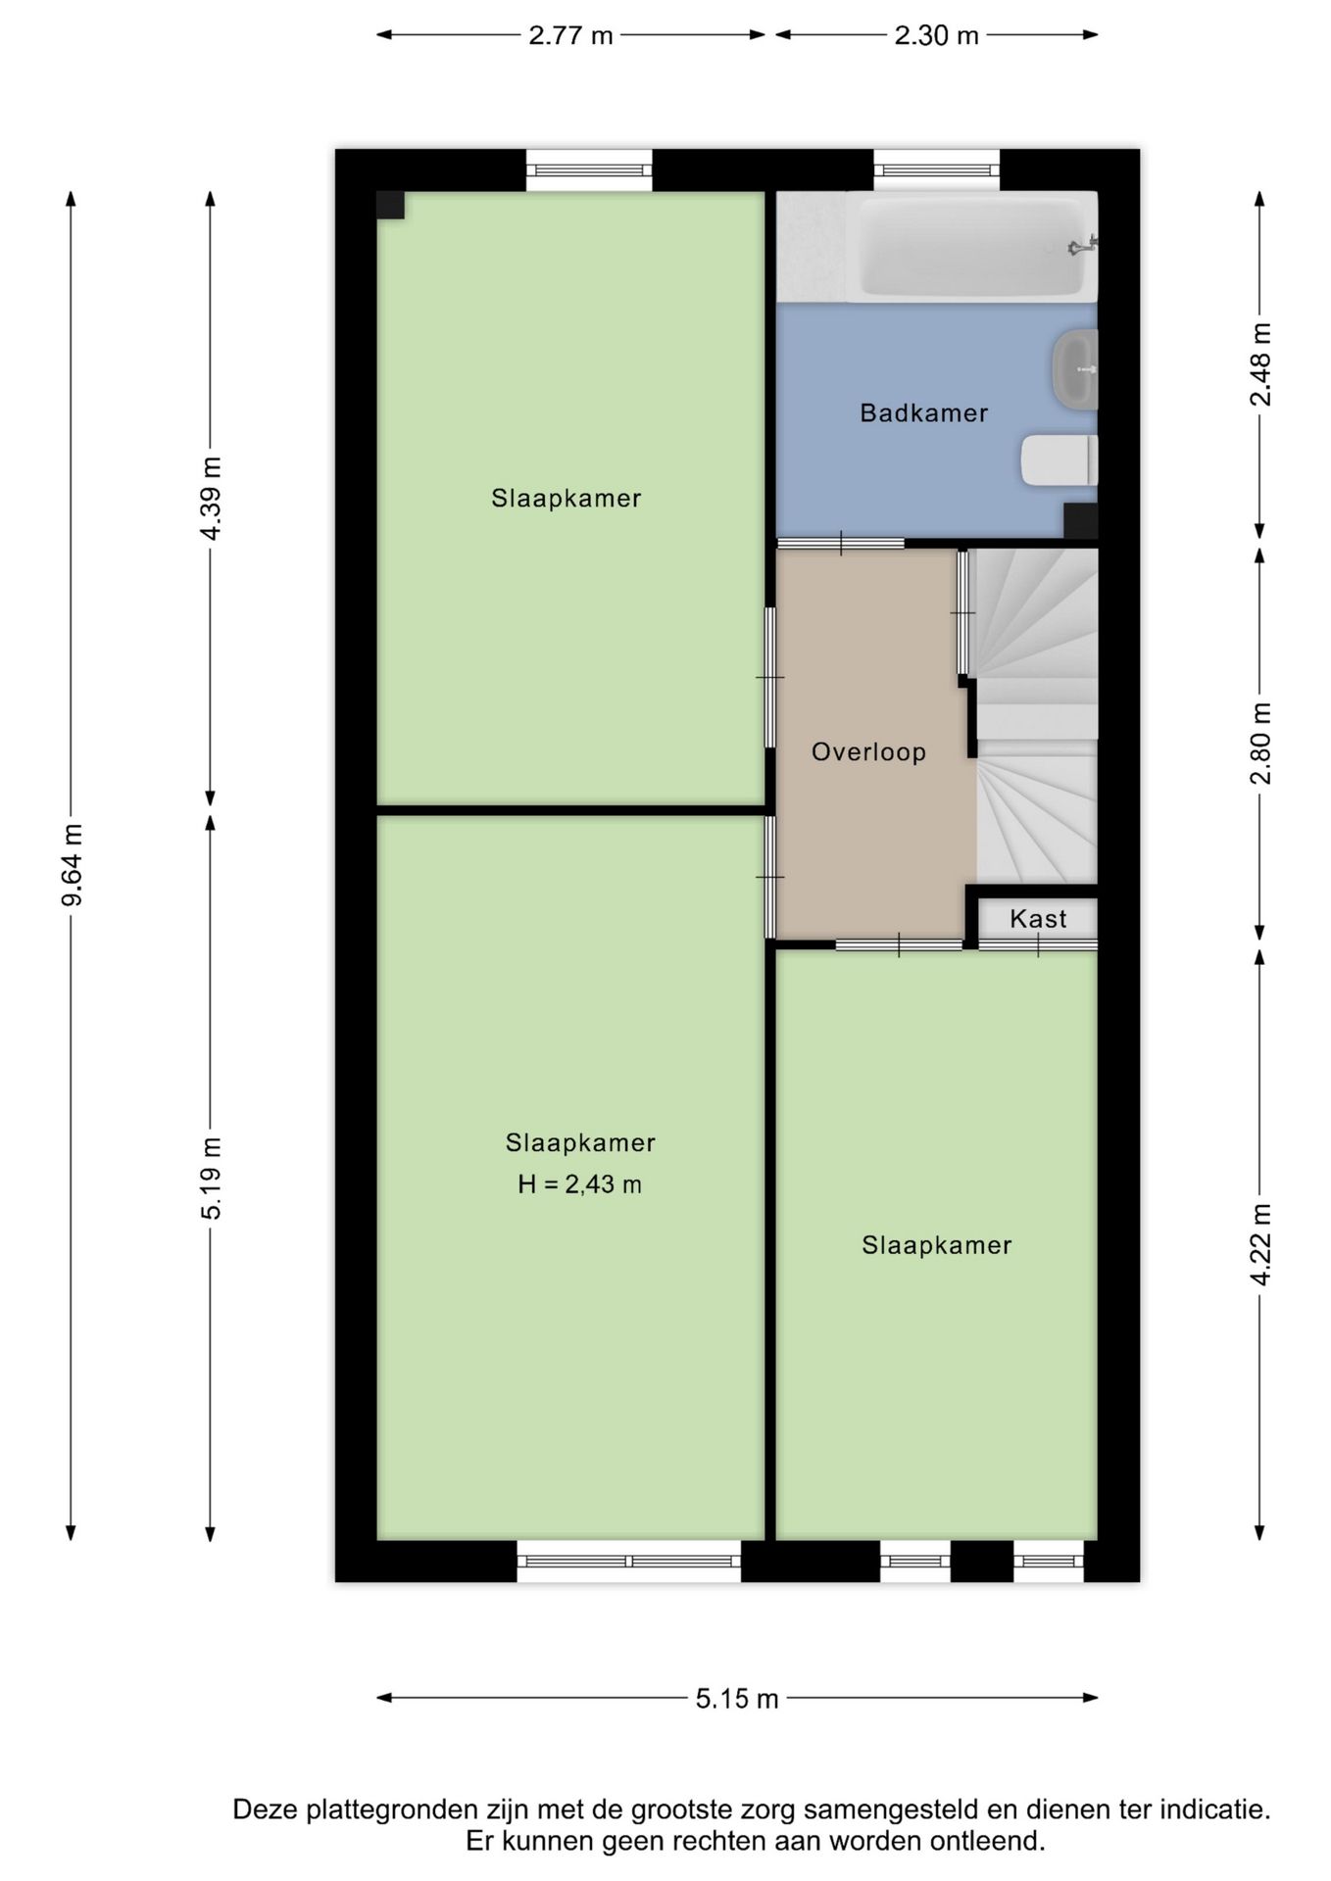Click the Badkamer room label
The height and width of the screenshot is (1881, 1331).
coord(923,413)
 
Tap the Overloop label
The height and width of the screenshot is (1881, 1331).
coord(868,752)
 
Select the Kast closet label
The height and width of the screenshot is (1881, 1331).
coord(1038,919)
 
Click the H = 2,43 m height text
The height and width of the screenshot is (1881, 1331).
coord(579,1184)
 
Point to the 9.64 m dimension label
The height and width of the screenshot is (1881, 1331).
coord(72,866)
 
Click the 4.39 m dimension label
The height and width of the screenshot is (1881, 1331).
coord(211,498)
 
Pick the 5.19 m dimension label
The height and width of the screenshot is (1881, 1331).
coord(211,1178)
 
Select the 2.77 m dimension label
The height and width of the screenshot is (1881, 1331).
coord(570,35)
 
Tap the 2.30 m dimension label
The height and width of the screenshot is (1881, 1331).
coord(936,35)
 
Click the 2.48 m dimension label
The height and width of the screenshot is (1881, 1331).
coord(1260,364)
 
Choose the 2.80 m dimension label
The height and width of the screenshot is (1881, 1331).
coord(1260,744)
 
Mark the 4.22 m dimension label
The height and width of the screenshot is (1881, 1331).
coord(1260,1244)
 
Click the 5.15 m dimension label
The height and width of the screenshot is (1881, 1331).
coord(737,1698)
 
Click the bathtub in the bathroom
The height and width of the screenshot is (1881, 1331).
coord(971,247)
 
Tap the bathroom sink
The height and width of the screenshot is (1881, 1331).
coord(1075,370)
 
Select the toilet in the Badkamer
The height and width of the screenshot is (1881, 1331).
coord(1060,460)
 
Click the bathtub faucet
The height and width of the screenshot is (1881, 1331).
coord(1083,245)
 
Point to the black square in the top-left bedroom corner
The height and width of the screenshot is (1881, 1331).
coord(391,206)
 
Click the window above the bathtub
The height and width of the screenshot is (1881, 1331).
coord(936,170)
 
